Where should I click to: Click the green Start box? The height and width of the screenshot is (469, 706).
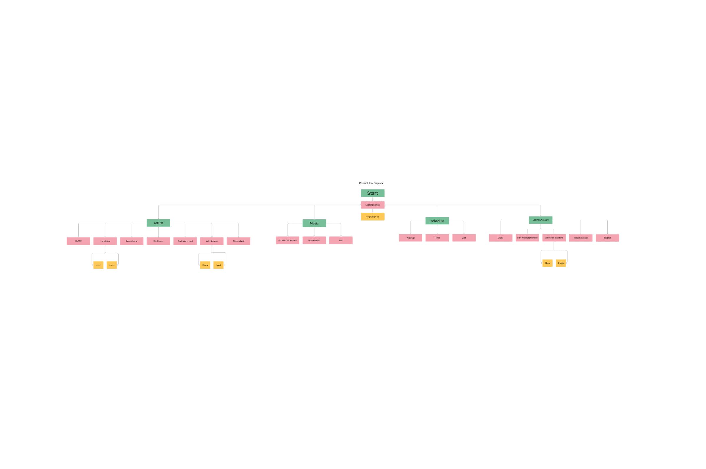click(x=372, y=193)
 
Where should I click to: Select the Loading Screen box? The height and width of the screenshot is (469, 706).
click(x=372, y=205)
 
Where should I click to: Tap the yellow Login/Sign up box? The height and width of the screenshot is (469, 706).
click(x=372, y=217)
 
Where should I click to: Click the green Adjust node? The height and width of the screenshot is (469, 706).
click(x=158, y=223)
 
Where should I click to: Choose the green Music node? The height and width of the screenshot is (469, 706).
click(x=314, y=223)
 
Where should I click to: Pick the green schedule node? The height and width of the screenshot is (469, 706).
click(x=437, y=221)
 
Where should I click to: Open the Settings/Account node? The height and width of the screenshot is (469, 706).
click(x=541, y=220)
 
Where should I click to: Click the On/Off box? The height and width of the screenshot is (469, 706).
click(x=78, y=241)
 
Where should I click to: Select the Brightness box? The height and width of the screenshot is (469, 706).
click(x=158, y=241)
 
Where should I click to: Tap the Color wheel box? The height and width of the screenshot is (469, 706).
click(x=238, y=241)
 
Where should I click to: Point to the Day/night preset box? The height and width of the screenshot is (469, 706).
click(x=185, y=241)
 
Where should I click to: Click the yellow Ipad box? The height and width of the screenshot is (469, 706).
click(x=218, y=265)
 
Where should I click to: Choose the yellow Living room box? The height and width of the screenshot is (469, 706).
click(x=112, y=265)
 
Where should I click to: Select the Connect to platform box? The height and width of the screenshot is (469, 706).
click(x=287, y=240)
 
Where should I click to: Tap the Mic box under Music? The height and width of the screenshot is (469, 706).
click(x=341, y=240)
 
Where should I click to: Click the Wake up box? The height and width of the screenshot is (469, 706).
click(x=410, y=238)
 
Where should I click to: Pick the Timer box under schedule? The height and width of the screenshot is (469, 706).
click(x=437, y=238)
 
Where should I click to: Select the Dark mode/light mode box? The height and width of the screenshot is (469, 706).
click(x=527, y=238)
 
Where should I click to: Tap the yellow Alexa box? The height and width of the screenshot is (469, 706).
click(x=547, y=263)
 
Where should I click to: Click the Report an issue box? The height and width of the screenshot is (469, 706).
click(x=581, y=238)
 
